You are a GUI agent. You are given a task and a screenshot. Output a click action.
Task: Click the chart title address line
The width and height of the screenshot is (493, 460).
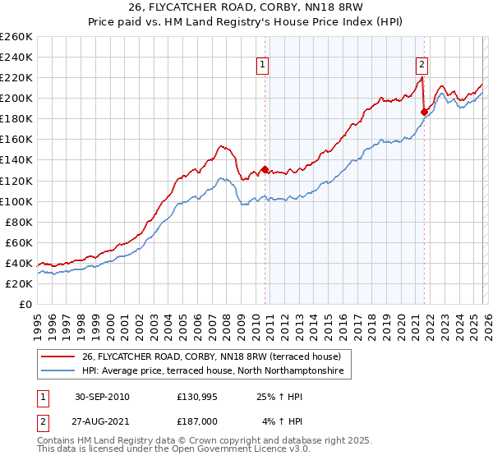tap(246, 7)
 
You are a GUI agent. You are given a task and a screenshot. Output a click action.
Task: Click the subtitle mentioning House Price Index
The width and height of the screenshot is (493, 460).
tap(246, 22)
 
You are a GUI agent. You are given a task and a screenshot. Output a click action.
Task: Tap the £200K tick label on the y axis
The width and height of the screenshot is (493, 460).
tap(16, 98)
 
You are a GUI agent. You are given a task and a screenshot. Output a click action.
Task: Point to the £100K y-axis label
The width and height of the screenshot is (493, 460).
tap(16, 201)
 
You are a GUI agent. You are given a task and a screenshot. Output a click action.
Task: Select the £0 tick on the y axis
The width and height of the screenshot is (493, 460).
tap(25, 304)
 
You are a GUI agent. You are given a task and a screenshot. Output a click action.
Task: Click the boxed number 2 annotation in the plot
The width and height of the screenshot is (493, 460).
tap(422, 64)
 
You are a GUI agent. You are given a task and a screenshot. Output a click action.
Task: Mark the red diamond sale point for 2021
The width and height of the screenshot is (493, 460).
tap(424, 112)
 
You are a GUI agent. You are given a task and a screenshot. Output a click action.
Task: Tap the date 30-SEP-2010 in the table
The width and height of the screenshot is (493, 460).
tap(101, 397)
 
